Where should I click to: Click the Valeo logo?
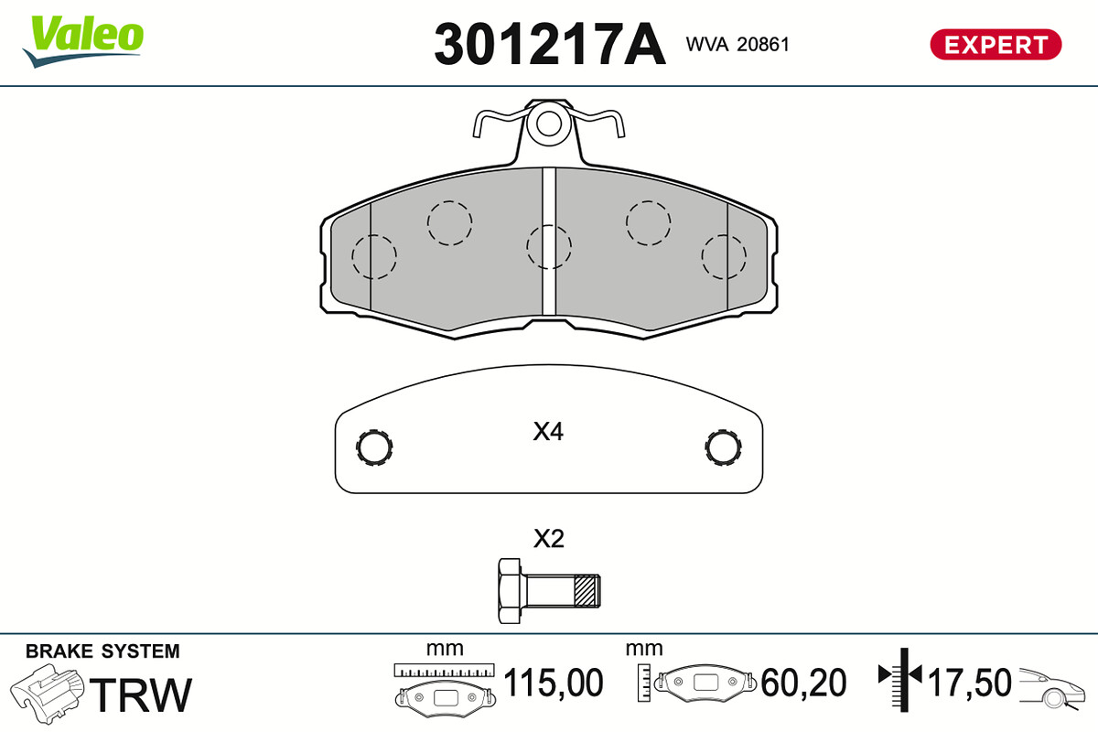pos(83,41)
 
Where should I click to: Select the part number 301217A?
pos(550,44)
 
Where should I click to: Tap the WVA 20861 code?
pos(737,44)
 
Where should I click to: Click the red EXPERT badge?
pos(996,45)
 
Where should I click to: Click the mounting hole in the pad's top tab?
pos(548,124)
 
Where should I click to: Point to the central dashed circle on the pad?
pos(548,247)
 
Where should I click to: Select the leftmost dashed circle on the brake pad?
pos(374,256)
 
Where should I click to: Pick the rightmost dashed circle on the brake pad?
pos(724,256)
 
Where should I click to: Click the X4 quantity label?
pos(548,432)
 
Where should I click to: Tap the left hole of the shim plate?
pos(374,447)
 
